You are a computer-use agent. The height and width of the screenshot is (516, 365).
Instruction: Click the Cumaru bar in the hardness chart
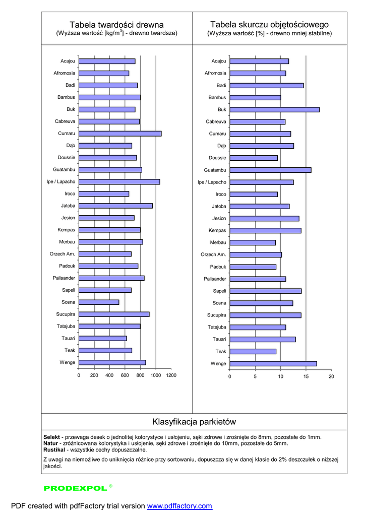120,134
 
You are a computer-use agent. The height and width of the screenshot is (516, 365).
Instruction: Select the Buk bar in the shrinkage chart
274,109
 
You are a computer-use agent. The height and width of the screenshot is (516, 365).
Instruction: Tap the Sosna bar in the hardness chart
99,302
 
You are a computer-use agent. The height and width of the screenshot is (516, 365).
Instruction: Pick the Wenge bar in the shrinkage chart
273,363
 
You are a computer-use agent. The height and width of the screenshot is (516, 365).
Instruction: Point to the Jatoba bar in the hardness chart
115,206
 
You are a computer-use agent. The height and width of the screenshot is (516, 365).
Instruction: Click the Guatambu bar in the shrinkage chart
270,170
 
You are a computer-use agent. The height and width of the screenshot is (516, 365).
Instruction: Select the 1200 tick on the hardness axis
171,375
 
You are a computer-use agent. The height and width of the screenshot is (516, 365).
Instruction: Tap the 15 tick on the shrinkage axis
306,376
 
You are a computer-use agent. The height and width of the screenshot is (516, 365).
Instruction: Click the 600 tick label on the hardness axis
125,375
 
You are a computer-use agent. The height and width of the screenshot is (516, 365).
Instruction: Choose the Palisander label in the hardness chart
64,278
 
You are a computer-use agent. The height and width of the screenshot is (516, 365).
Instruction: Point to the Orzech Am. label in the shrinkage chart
213,254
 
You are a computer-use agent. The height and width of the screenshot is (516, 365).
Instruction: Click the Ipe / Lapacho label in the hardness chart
61,182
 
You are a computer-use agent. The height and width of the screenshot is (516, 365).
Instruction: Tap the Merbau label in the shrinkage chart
218,242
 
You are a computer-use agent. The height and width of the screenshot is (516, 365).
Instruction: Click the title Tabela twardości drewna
116,25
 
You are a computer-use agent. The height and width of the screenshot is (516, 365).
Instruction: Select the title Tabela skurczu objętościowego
269,24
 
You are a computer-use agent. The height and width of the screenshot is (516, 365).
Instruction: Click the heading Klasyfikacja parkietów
194,421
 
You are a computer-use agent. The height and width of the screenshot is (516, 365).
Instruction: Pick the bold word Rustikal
54,449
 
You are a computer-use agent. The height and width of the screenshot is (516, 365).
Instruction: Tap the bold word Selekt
52,437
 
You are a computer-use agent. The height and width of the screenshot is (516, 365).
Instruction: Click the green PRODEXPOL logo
76,488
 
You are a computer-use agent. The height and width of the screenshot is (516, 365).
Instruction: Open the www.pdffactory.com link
179,506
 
